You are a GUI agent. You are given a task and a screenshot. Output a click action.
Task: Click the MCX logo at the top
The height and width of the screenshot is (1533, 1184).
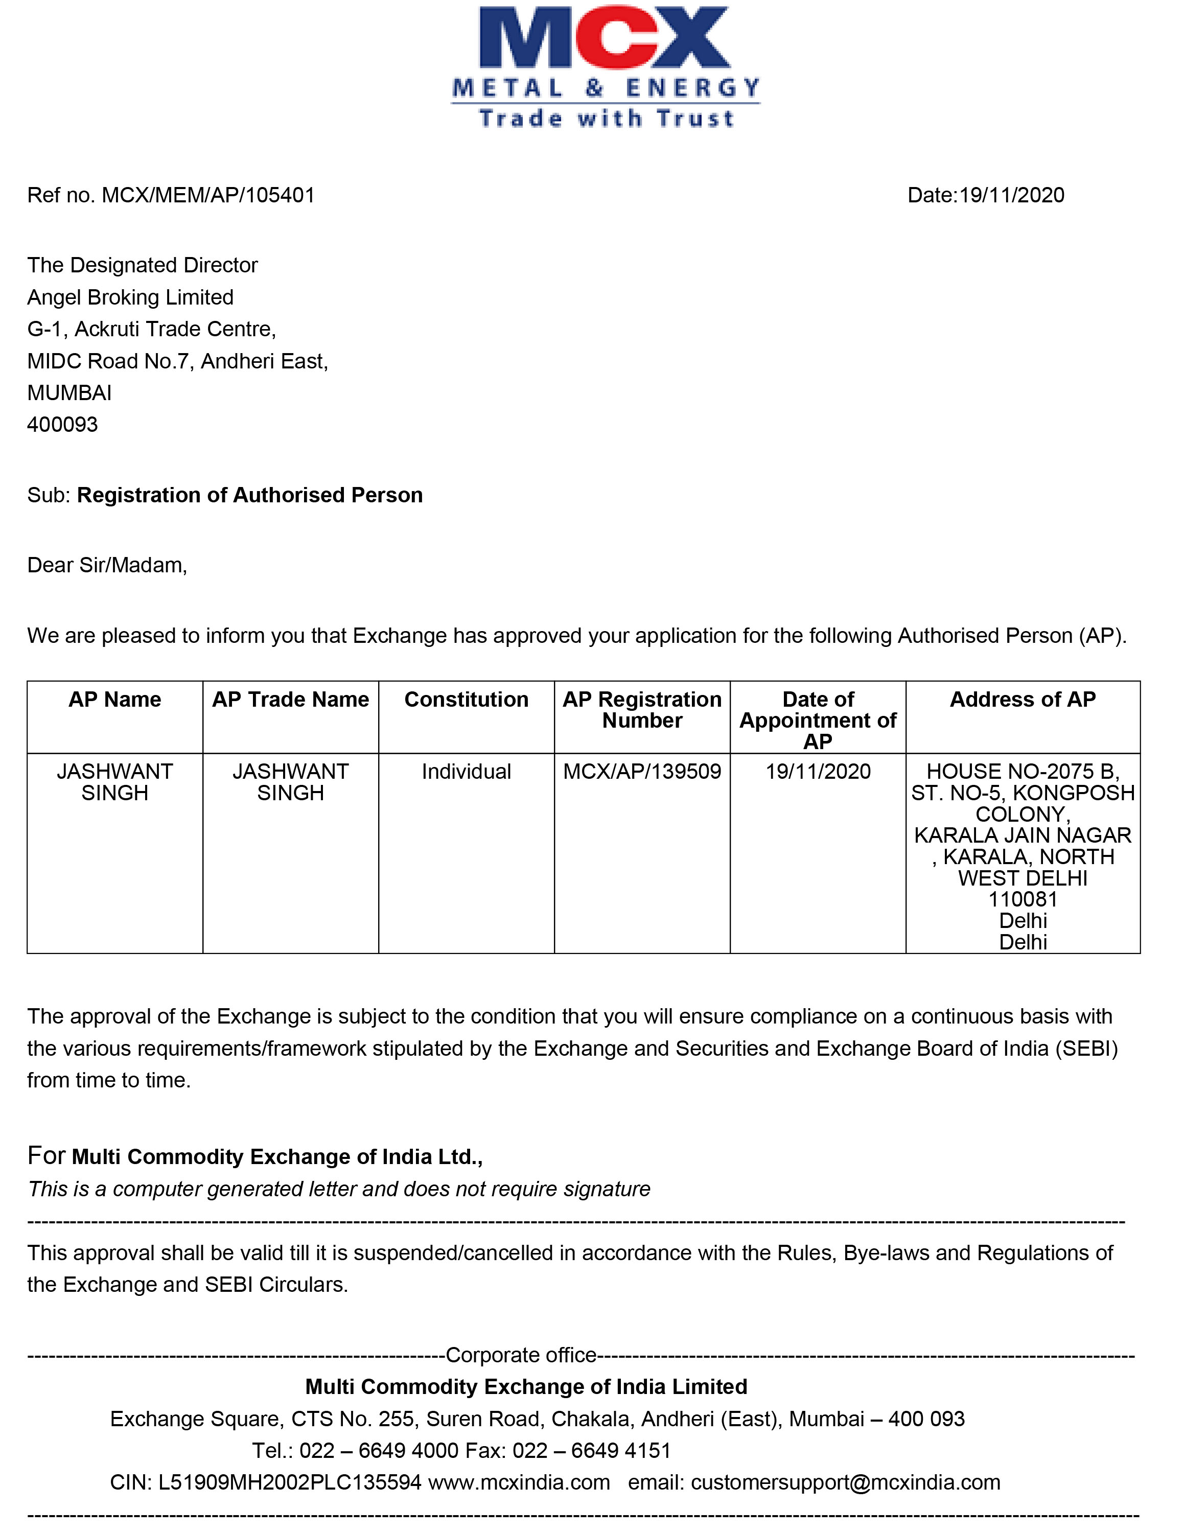click(605, 66)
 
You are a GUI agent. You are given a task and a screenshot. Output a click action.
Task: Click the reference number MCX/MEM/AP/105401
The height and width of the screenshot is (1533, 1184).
click(208, 195)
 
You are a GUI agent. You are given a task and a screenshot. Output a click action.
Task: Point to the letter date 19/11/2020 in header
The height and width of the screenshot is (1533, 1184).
click(1011, 195)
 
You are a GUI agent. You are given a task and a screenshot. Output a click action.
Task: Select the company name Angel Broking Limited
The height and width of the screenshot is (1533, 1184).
click(130, 297)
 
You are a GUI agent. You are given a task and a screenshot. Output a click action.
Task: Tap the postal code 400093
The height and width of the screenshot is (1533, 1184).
click(62, 425)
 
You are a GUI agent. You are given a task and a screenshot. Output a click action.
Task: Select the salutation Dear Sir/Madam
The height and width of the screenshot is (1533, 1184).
click(107, 566)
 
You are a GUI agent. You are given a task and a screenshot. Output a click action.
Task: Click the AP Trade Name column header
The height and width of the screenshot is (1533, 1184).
click(291, 700)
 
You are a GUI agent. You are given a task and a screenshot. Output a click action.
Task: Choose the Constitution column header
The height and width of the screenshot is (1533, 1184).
click(467, 700)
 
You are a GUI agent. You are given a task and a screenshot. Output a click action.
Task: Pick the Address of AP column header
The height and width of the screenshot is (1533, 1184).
click(1023, 700)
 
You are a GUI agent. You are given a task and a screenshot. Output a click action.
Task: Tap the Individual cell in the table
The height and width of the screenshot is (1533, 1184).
click(467, 772)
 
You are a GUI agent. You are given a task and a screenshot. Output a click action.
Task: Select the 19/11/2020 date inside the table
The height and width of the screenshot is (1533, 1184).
click(818, 772)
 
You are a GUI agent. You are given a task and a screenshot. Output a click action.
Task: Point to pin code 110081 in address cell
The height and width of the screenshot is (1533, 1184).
click(1023, 900)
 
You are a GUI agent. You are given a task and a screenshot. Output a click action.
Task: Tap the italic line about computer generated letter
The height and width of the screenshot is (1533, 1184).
click(339, 1190)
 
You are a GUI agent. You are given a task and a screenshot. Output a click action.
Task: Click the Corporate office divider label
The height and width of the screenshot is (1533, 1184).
click(521, 1355)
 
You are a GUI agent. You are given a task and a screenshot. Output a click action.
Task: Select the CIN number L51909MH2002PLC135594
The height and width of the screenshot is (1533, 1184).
click(290, 1483)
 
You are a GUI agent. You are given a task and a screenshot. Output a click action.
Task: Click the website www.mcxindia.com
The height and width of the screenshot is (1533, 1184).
click(519, 1483)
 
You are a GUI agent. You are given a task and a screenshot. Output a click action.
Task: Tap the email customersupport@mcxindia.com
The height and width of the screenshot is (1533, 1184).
click(845, 1483)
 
